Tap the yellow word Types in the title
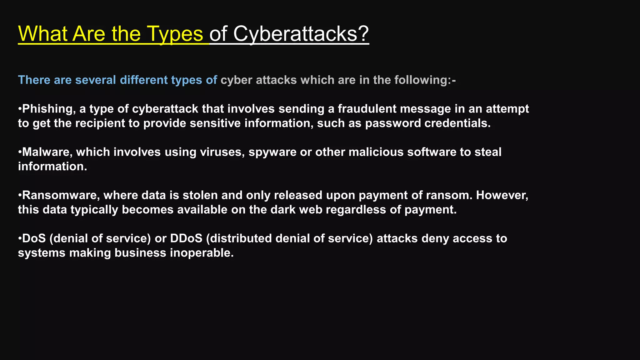[x=175, y=34]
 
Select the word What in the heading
[x=43, y=34]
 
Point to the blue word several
[x=96, y=80]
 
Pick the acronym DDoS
[x=186, y=238]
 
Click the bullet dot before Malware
[x=20, y=152]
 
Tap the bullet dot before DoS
[x=20, y=238]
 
